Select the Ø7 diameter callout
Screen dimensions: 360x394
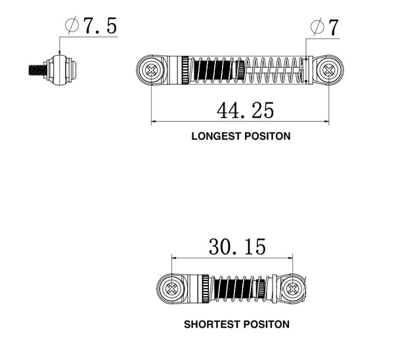click(x=324, y=27)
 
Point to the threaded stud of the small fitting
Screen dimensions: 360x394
click(x=37, y=68)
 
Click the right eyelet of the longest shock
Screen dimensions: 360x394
click(x=328, y=68)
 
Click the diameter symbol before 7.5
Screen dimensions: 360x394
click(x=72, y=26)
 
